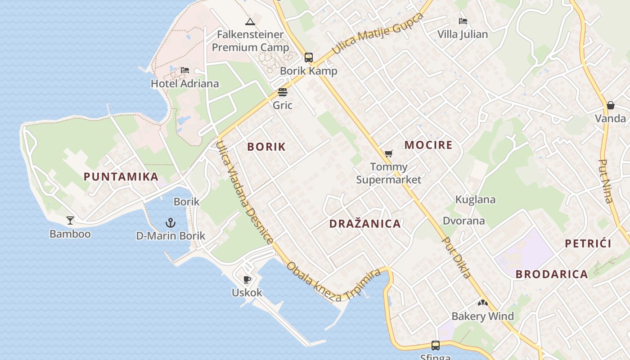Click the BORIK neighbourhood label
[266, 147]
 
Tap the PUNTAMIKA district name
[121, 176]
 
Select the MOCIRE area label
[428, 145]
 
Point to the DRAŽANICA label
[364, 224]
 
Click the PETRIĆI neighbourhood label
[588, 243]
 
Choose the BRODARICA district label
[551, 274]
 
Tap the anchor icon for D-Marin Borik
[170, 222]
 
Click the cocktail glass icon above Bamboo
[70, 220]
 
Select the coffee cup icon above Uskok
[247, 279]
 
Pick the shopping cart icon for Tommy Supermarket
[389, 154]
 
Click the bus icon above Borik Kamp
[308, 58]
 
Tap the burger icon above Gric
[282, 92]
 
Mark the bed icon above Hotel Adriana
[184, 70]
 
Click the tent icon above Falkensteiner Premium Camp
[250, 21]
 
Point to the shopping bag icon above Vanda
[610, 105]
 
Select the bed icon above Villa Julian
[463, 21]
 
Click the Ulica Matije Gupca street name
[378, 33]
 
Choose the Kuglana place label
[475, 199]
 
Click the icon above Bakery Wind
[482, 303]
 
